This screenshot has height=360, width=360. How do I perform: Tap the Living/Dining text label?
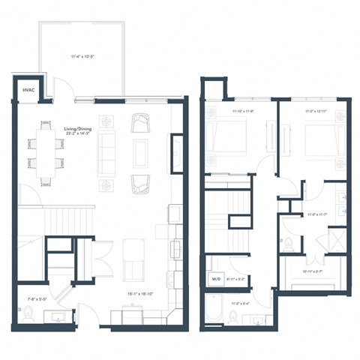[x=78, y=130]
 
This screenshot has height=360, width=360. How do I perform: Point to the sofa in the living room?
[x=107, y=151]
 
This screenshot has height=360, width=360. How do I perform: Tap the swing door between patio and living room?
[x=67, y=97]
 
